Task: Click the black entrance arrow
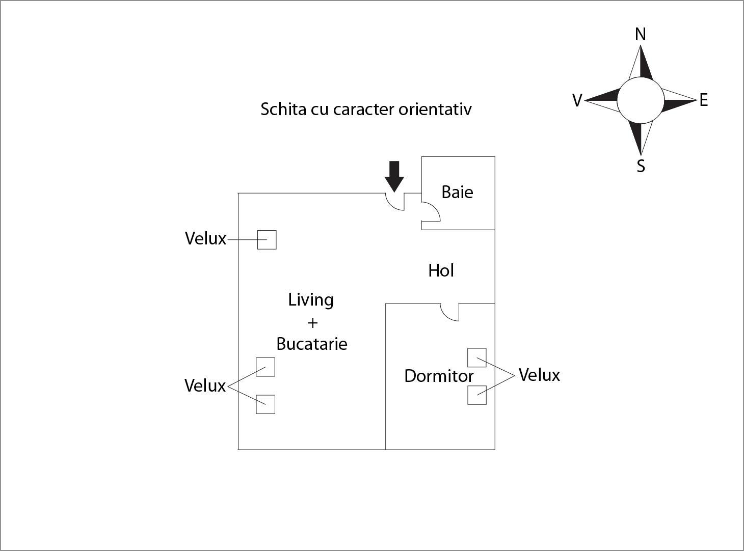click(x=394, y=176)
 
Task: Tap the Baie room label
click(x=457, y=192)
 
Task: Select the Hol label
click(x=441, y=270)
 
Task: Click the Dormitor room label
click(x=439, y=376)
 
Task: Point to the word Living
click(x=311, y=300)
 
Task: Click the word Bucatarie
click(x=312, y=344)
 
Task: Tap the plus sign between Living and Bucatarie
click(x=312, y=323)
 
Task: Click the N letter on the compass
click(x=641, y=34)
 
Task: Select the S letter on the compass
click(x=641, y=166)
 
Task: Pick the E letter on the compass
click(x=704, y=100)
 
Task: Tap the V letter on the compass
click(x=577, y=100)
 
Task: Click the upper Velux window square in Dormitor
click(x=477, y=357)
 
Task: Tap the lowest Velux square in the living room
click(x=265, y=404)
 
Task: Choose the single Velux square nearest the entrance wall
click(x=267, y=240)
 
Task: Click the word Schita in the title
click(x=283, y=109)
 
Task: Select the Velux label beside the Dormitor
click(x=539, y=375)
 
